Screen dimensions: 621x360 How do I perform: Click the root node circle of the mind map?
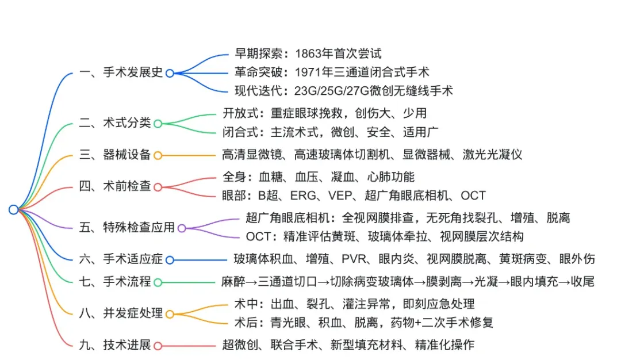pyautogui.click(x=13, y=209)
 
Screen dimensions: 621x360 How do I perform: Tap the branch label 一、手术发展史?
pyautogui.click(x=121, y=72)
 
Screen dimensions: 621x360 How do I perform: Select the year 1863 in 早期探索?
pyautogui.click(x=309, y=53)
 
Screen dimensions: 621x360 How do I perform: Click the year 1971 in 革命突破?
pyautogui.click(x=308, y=72)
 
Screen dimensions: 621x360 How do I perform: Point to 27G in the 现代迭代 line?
pyautogui.click(x=358, y=91)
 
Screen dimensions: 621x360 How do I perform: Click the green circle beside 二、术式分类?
pyautogui.click(x=158, y=124)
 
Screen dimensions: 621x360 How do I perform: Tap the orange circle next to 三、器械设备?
pyautogui.click(x=158, y=155)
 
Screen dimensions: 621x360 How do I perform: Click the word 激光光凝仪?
pyautogui.click(x=492, y=155)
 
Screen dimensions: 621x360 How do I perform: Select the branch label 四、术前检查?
pyautogui.click(x=115, y=186)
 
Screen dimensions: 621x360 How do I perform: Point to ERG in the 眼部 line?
pyautogui.click(x=303, y=196)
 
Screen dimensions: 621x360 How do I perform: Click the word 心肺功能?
pyautogui.click(x=391, y=177)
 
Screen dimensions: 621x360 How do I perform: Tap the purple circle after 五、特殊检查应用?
pyautogui.click(x=182, y=228)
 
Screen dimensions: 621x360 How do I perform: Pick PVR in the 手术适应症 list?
pyautogui.click(x=354, y=259)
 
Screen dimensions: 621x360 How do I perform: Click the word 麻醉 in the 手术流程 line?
pyautogui.click(x=233, y=282)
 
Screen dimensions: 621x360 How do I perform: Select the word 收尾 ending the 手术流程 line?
pyautogui.click(x=582, y=282)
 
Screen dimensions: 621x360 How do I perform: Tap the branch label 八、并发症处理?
pyautogui.click(x=121, y=313)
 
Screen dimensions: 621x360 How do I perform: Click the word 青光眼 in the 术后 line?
pyautogui.click(x=288, y=323)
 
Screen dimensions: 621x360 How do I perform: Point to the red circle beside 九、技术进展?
pyautogui.click(x=158, y=346)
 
